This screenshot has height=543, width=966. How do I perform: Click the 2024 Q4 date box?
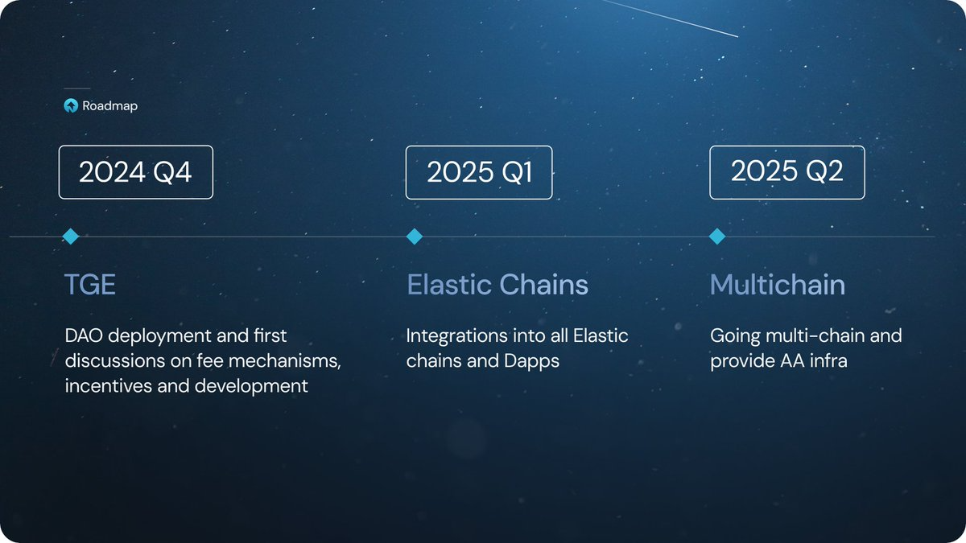(x=135, y=172)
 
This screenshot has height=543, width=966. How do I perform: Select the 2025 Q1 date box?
(x=479, y=172)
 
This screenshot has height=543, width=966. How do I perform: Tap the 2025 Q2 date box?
(x=786, y=172)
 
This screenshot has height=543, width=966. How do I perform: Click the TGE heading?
(x=90, y=285)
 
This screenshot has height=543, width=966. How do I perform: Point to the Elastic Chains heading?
(x=497, y=285)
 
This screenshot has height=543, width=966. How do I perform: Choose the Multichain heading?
(x=778, y=285)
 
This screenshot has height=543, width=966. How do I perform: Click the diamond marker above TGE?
(x=71, y=237)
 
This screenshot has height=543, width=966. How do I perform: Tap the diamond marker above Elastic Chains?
(x=415, y=237)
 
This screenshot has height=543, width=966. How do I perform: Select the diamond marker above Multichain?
(x=717, y=237)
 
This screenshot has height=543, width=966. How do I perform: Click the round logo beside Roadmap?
(x=71, y=105)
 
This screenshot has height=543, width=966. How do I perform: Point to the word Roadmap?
(x=109, y=105)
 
